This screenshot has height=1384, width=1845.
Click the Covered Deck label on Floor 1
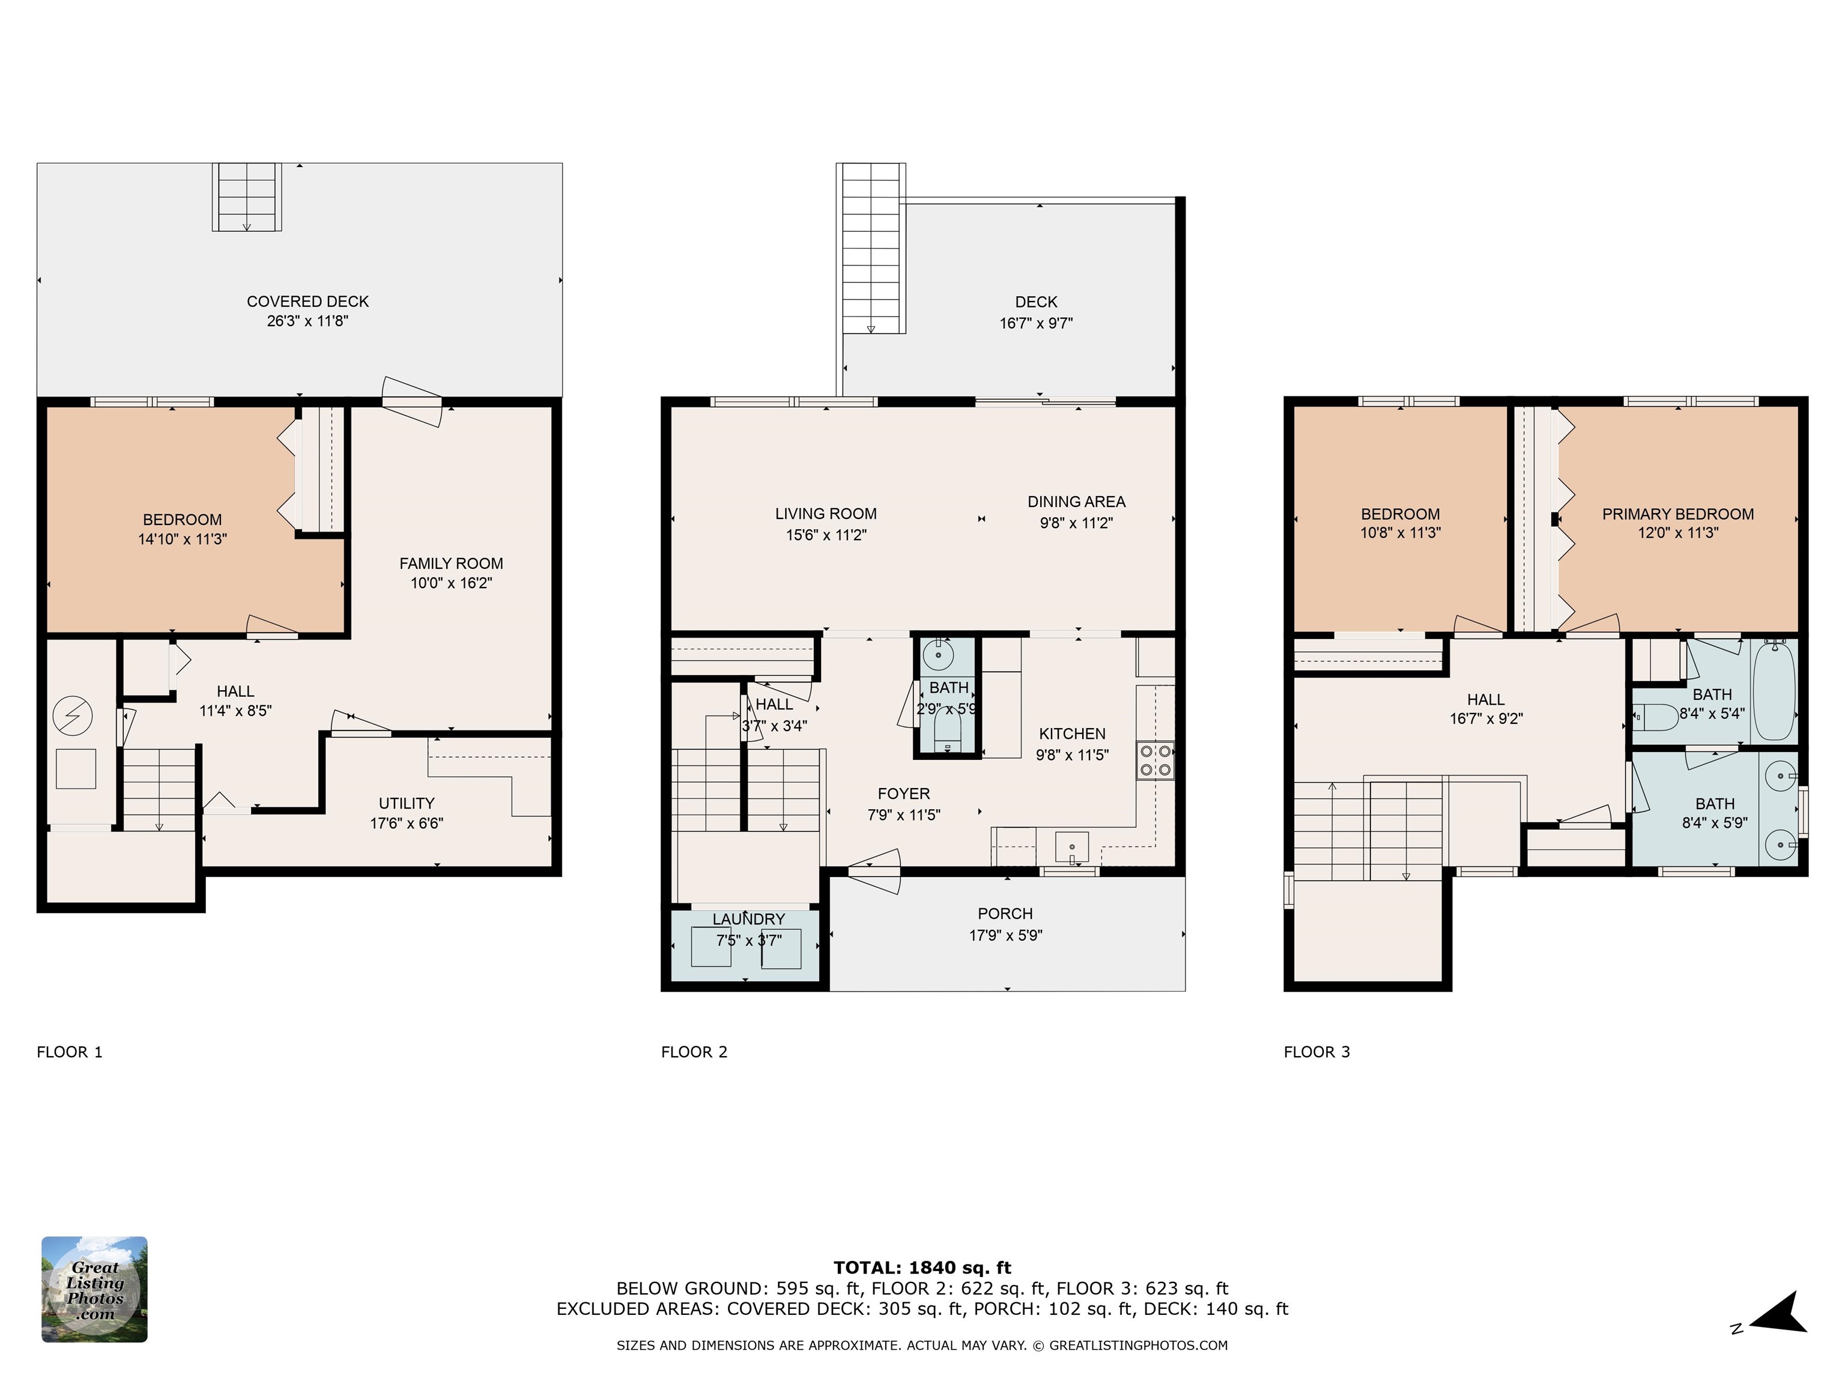click(x=307, y=301)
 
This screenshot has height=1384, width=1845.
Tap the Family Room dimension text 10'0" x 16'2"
click(x=450, y=583)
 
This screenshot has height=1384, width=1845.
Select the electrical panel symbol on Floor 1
click(x=73, y=716)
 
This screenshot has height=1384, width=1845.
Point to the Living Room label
click(x=825, y=514)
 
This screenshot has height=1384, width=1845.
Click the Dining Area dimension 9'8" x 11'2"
click(x=1076, y=523)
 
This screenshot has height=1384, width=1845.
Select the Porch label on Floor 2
click(x=1005, y=914)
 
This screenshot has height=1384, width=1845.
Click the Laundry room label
click(x=748, y=919)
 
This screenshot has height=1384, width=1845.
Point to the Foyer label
click(x=903, y=794)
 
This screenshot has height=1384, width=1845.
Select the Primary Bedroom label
click(x=1677, y=514)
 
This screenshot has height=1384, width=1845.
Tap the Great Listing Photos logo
click(x=94, y=1289)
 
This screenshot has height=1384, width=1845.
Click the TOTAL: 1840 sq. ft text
click(x=922, y=1268)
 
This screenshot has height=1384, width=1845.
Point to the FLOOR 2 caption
click(x=694, y=1052)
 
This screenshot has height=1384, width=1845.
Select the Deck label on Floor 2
click(x=1036, y=302)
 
